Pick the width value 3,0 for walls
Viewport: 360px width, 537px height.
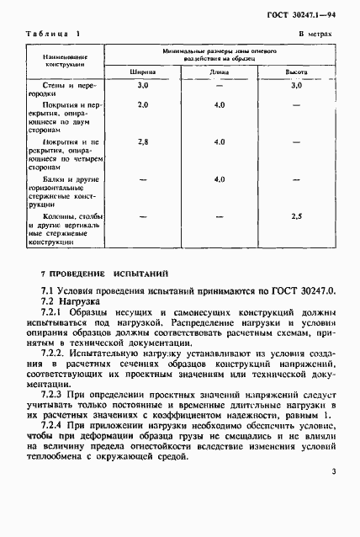(143, 86)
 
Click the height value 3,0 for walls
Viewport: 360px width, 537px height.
(295, 86)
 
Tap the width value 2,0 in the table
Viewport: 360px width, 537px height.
(143, 105)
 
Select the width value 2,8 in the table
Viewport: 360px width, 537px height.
(143, 141)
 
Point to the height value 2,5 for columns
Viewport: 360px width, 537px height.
(295, 216)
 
